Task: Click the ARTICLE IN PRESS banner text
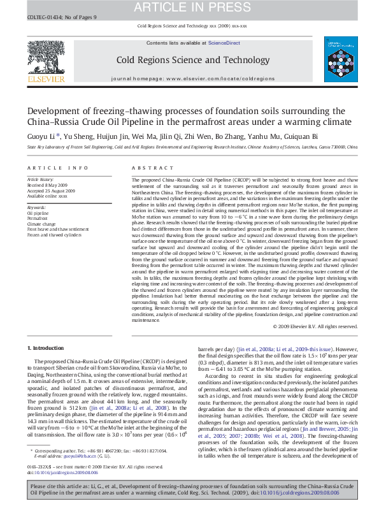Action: (190, 7)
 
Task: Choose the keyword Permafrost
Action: (36, 217)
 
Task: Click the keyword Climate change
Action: (40, 222)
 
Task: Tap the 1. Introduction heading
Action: (46, 348)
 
